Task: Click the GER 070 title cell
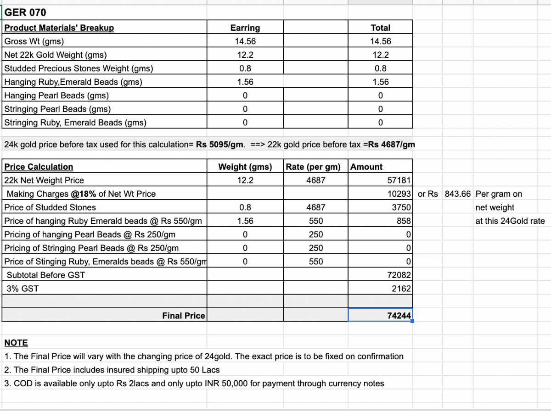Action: pos(25,12)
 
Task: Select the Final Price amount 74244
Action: pos(399,316)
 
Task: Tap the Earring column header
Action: pos(245,28)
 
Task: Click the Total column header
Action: pos(380,28)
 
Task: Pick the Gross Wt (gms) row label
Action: pos(34,41)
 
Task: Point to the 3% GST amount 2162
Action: pos(402,289)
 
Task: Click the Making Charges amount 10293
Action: pos(399,194)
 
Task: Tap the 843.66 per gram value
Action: pos(458,194)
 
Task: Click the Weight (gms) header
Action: pos(245,167)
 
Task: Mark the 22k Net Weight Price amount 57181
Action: pos(399,180)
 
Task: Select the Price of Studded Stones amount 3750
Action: pos(401,207)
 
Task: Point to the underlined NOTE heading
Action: pos(16,343)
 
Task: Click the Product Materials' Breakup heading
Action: pos(59,28)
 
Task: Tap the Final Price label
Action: pos(184,316)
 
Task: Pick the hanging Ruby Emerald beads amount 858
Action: pos(404,221)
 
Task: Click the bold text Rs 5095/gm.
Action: pos(219,145)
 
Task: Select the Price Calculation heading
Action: pos(39,167)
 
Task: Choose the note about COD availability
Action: pos(194,383)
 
